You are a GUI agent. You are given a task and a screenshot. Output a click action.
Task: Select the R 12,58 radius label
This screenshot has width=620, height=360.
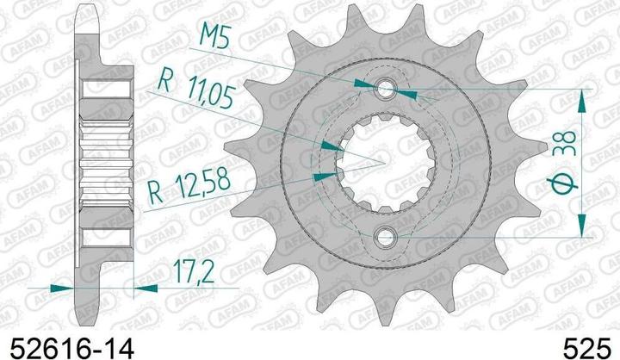[x=189, y=185]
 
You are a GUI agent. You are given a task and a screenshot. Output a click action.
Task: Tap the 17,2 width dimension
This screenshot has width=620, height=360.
[x=194, y=272]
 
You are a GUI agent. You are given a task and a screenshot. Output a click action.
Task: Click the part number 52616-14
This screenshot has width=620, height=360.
[x=72, y=349]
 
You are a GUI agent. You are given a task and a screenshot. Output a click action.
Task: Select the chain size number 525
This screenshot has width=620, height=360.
[x=586, y=349]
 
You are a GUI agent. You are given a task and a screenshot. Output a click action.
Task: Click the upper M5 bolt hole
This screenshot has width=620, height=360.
[x=385, y=89]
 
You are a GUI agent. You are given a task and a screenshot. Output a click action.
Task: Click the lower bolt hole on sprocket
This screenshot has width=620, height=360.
[x=385, y=238]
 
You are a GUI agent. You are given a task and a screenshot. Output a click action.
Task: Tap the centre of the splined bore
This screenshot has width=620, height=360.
[x=385, y=163]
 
